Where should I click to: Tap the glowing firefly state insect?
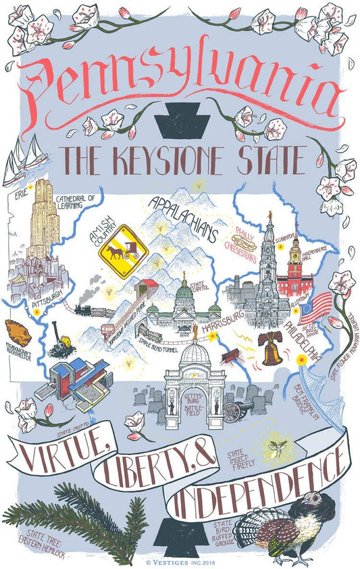click(x=276, y=446)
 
